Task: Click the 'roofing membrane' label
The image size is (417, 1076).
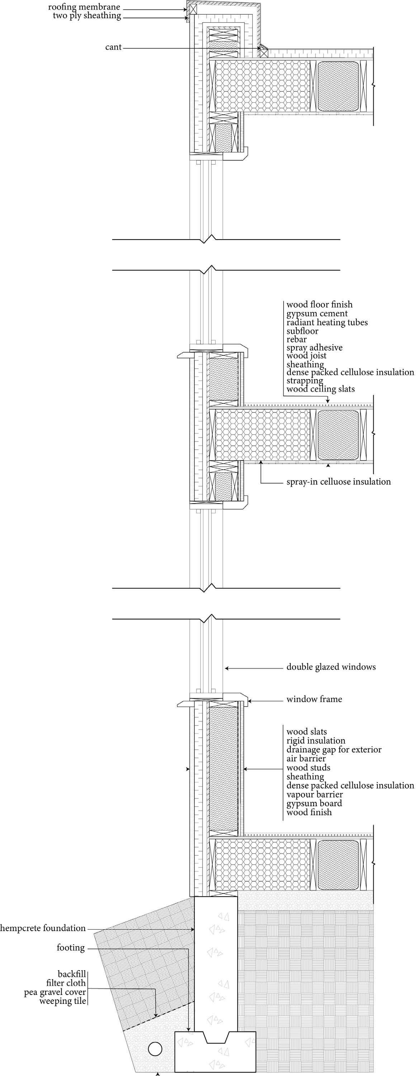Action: point(84,7)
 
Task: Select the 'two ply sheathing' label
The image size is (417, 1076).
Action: point(87,16)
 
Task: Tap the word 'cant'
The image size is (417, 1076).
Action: point(113,47)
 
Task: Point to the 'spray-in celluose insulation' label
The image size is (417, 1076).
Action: point(338,482)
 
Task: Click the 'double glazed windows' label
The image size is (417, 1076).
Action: point(331,667)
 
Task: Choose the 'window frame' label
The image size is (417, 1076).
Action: point(314,699)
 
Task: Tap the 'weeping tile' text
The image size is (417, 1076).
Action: point(63,1000)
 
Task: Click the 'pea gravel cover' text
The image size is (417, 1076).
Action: point(55,992)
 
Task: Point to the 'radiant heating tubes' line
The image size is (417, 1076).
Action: point(327,322)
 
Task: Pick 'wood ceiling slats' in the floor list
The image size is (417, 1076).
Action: point(320,389)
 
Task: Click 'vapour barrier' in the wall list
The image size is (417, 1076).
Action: point(314,794)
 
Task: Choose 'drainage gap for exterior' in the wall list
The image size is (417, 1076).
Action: point(333,749)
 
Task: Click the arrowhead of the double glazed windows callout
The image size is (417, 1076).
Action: point(226,668)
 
